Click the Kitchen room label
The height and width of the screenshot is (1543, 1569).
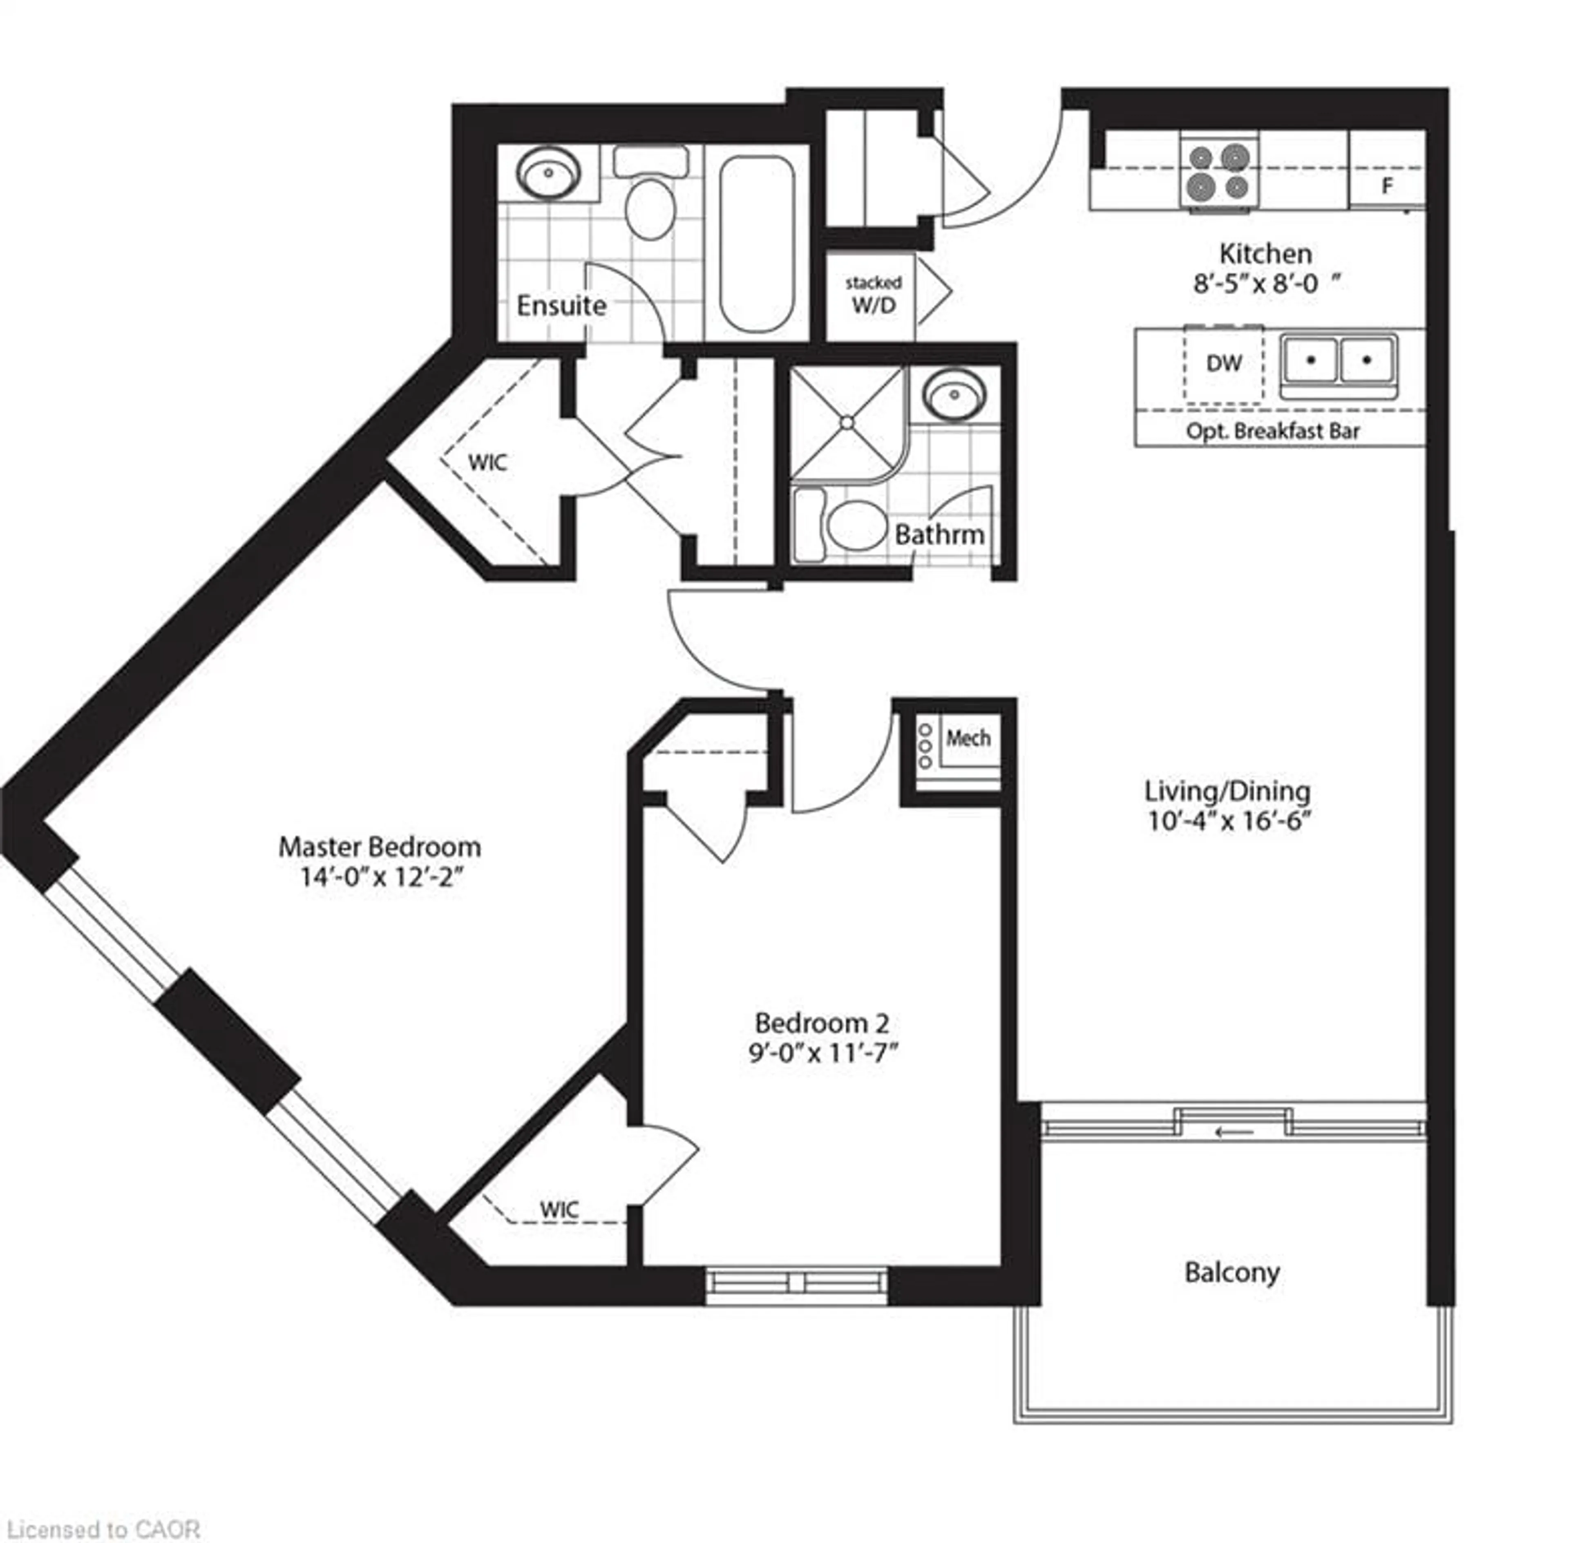[x=1265, y=254]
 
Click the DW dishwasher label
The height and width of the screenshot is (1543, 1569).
[x=1224, y=363]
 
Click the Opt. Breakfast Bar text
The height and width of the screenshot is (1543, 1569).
[x=1272, y=431]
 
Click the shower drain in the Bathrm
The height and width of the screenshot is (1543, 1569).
[x=847, y=422]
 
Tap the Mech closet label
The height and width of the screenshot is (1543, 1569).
[x=968, y=738]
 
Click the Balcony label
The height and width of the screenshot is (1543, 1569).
[x=1232, y=1272]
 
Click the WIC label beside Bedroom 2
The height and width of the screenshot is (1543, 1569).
[x=559, y=1210]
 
